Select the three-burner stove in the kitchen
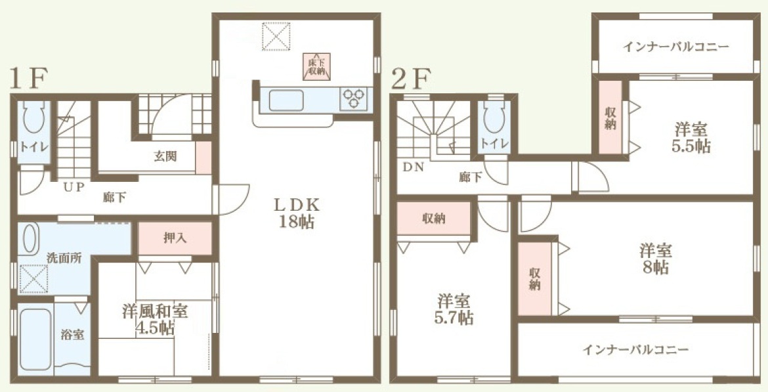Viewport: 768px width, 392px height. (354, 98)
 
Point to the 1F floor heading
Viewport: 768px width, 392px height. (29, 78)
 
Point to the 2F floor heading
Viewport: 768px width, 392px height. (411, 78)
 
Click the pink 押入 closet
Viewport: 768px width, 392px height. (175, 238)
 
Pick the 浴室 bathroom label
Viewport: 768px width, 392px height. (72, 335)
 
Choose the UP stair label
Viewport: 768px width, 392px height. (74, 186)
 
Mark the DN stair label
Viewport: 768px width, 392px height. (414, 167)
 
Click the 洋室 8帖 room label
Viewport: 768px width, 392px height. (655, 259)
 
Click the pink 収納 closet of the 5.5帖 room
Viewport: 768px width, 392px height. (610, 118)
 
